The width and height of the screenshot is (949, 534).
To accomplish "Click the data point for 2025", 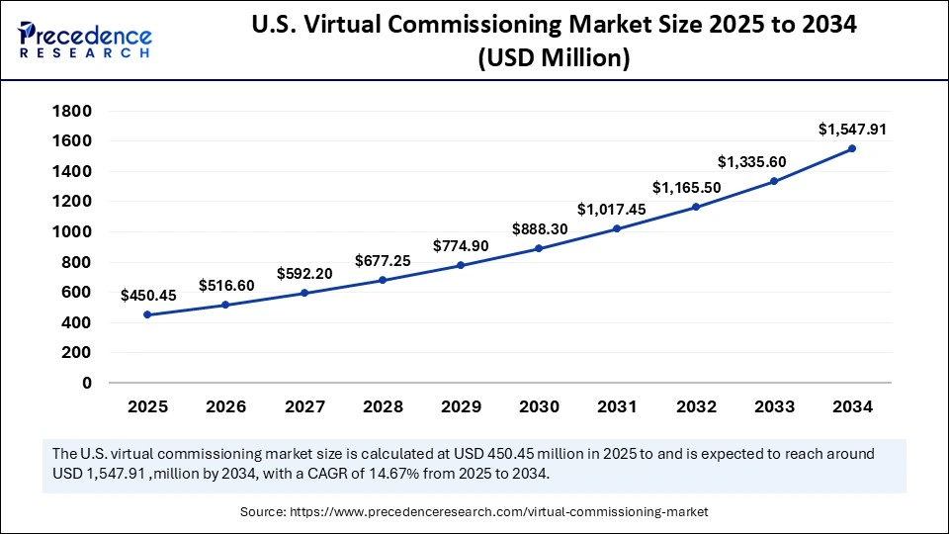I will click(147, 314).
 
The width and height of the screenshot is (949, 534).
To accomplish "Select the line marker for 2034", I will click(852, 148).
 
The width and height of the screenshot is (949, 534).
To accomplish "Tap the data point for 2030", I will click(539, 248).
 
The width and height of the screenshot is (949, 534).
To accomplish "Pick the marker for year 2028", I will click(383, 280).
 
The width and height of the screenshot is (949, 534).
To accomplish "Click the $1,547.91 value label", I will click(851, 130).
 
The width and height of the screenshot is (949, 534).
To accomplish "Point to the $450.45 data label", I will click(149, 295).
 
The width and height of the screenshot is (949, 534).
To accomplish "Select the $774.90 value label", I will click(462, 245).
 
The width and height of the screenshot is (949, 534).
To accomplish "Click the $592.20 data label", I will click(304, 273).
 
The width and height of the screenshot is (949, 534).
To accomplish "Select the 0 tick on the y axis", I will click(87, 383).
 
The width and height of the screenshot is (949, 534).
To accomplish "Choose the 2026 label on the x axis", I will click(226, 406).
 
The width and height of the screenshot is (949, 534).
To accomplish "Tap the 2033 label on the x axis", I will click(774, 406).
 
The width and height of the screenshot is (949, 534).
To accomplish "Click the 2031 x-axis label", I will click(618, 406).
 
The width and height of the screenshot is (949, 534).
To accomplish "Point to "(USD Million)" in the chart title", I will click(554, 59).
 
